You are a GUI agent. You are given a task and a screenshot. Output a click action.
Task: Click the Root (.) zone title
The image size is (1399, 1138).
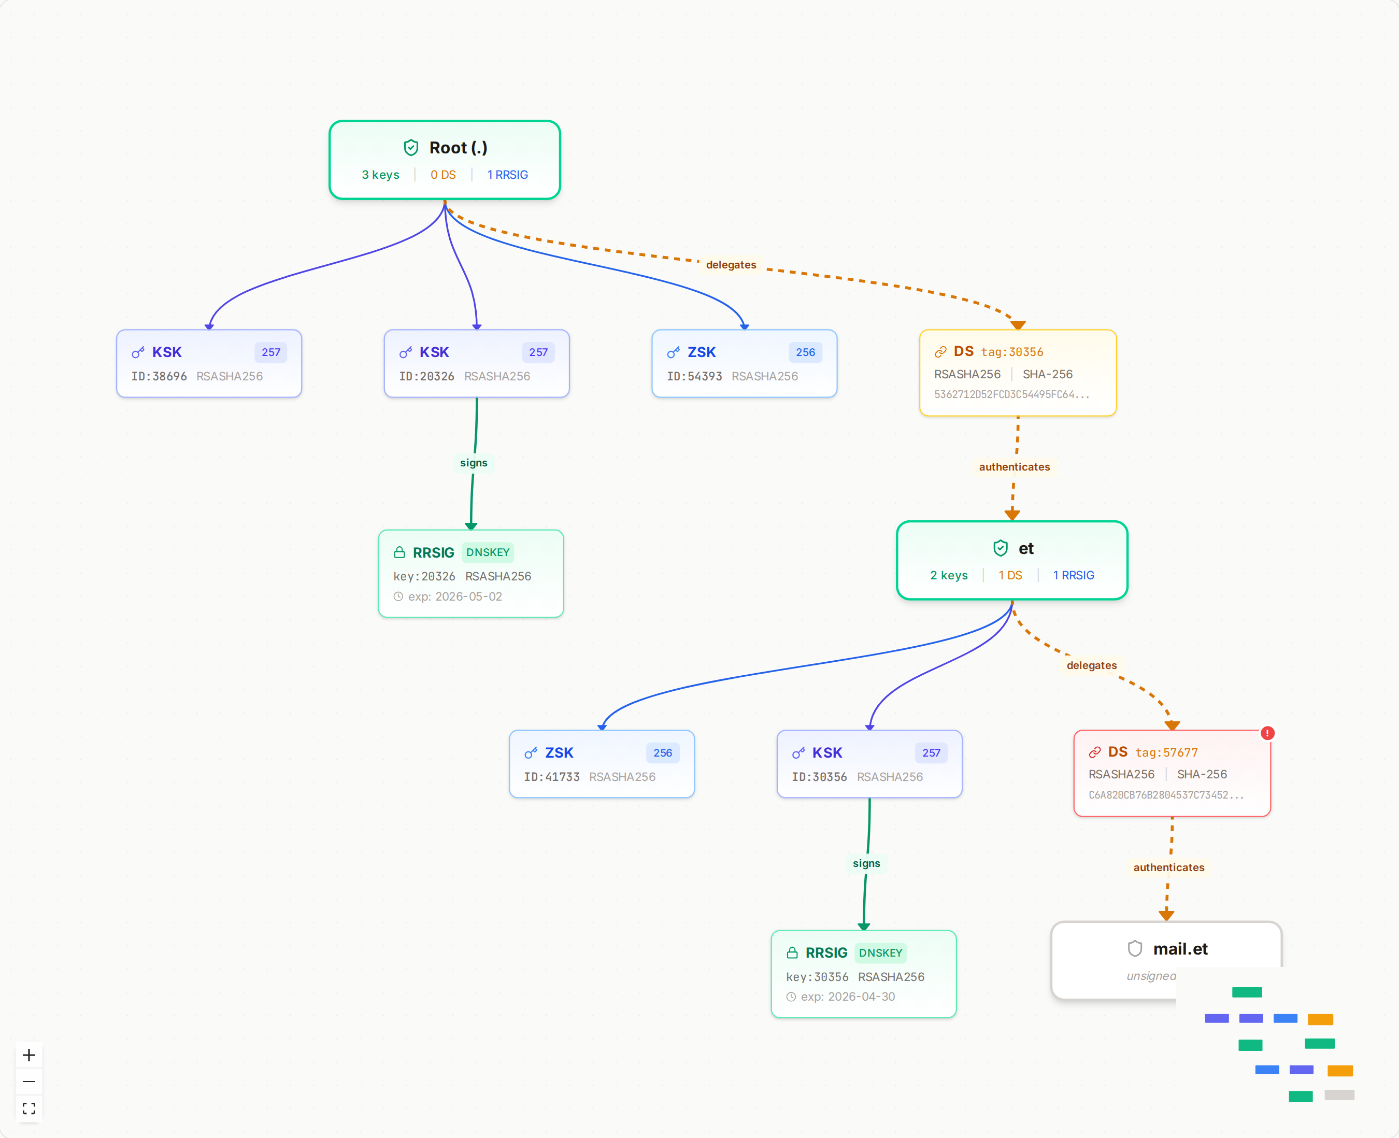pos(458,148)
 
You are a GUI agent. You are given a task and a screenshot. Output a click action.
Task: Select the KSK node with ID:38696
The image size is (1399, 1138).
pos(209,364)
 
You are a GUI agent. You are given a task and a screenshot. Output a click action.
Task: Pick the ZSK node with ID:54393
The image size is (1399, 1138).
pos(744,364)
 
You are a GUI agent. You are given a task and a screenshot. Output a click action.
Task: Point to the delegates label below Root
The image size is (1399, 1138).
pos(731,265)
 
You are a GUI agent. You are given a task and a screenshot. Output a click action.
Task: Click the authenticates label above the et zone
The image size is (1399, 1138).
pos(1013,467)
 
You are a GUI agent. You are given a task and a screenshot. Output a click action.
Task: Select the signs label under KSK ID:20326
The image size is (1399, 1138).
pos(473,463)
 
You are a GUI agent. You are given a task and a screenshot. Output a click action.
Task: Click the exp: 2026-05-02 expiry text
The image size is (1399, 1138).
pos(455,596)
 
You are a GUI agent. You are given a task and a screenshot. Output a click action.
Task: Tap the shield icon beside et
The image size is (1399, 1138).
pos(1000,548)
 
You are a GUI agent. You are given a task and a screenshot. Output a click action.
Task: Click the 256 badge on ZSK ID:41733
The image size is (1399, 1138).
pos(663,753)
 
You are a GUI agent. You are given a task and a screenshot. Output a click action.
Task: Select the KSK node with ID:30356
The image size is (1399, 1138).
pos(869,764)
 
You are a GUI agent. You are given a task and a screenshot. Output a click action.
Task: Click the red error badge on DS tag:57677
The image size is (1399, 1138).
pos(1267,733)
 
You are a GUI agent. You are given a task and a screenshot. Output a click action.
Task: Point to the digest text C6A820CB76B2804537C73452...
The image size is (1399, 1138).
pos(1166,795)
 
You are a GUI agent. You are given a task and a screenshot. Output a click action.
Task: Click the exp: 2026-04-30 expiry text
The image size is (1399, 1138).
pos(848,997)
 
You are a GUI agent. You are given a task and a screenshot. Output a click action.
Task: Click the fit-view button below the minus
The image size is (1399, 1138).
pos(29,1108)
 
